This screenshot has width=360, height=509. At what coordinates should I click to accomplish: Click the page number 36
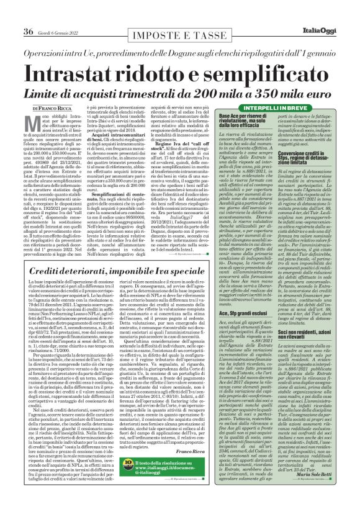pos(29,14)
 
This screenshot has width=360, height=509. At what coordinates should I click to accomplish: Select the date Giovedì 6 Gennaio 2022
pos(68,14)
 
